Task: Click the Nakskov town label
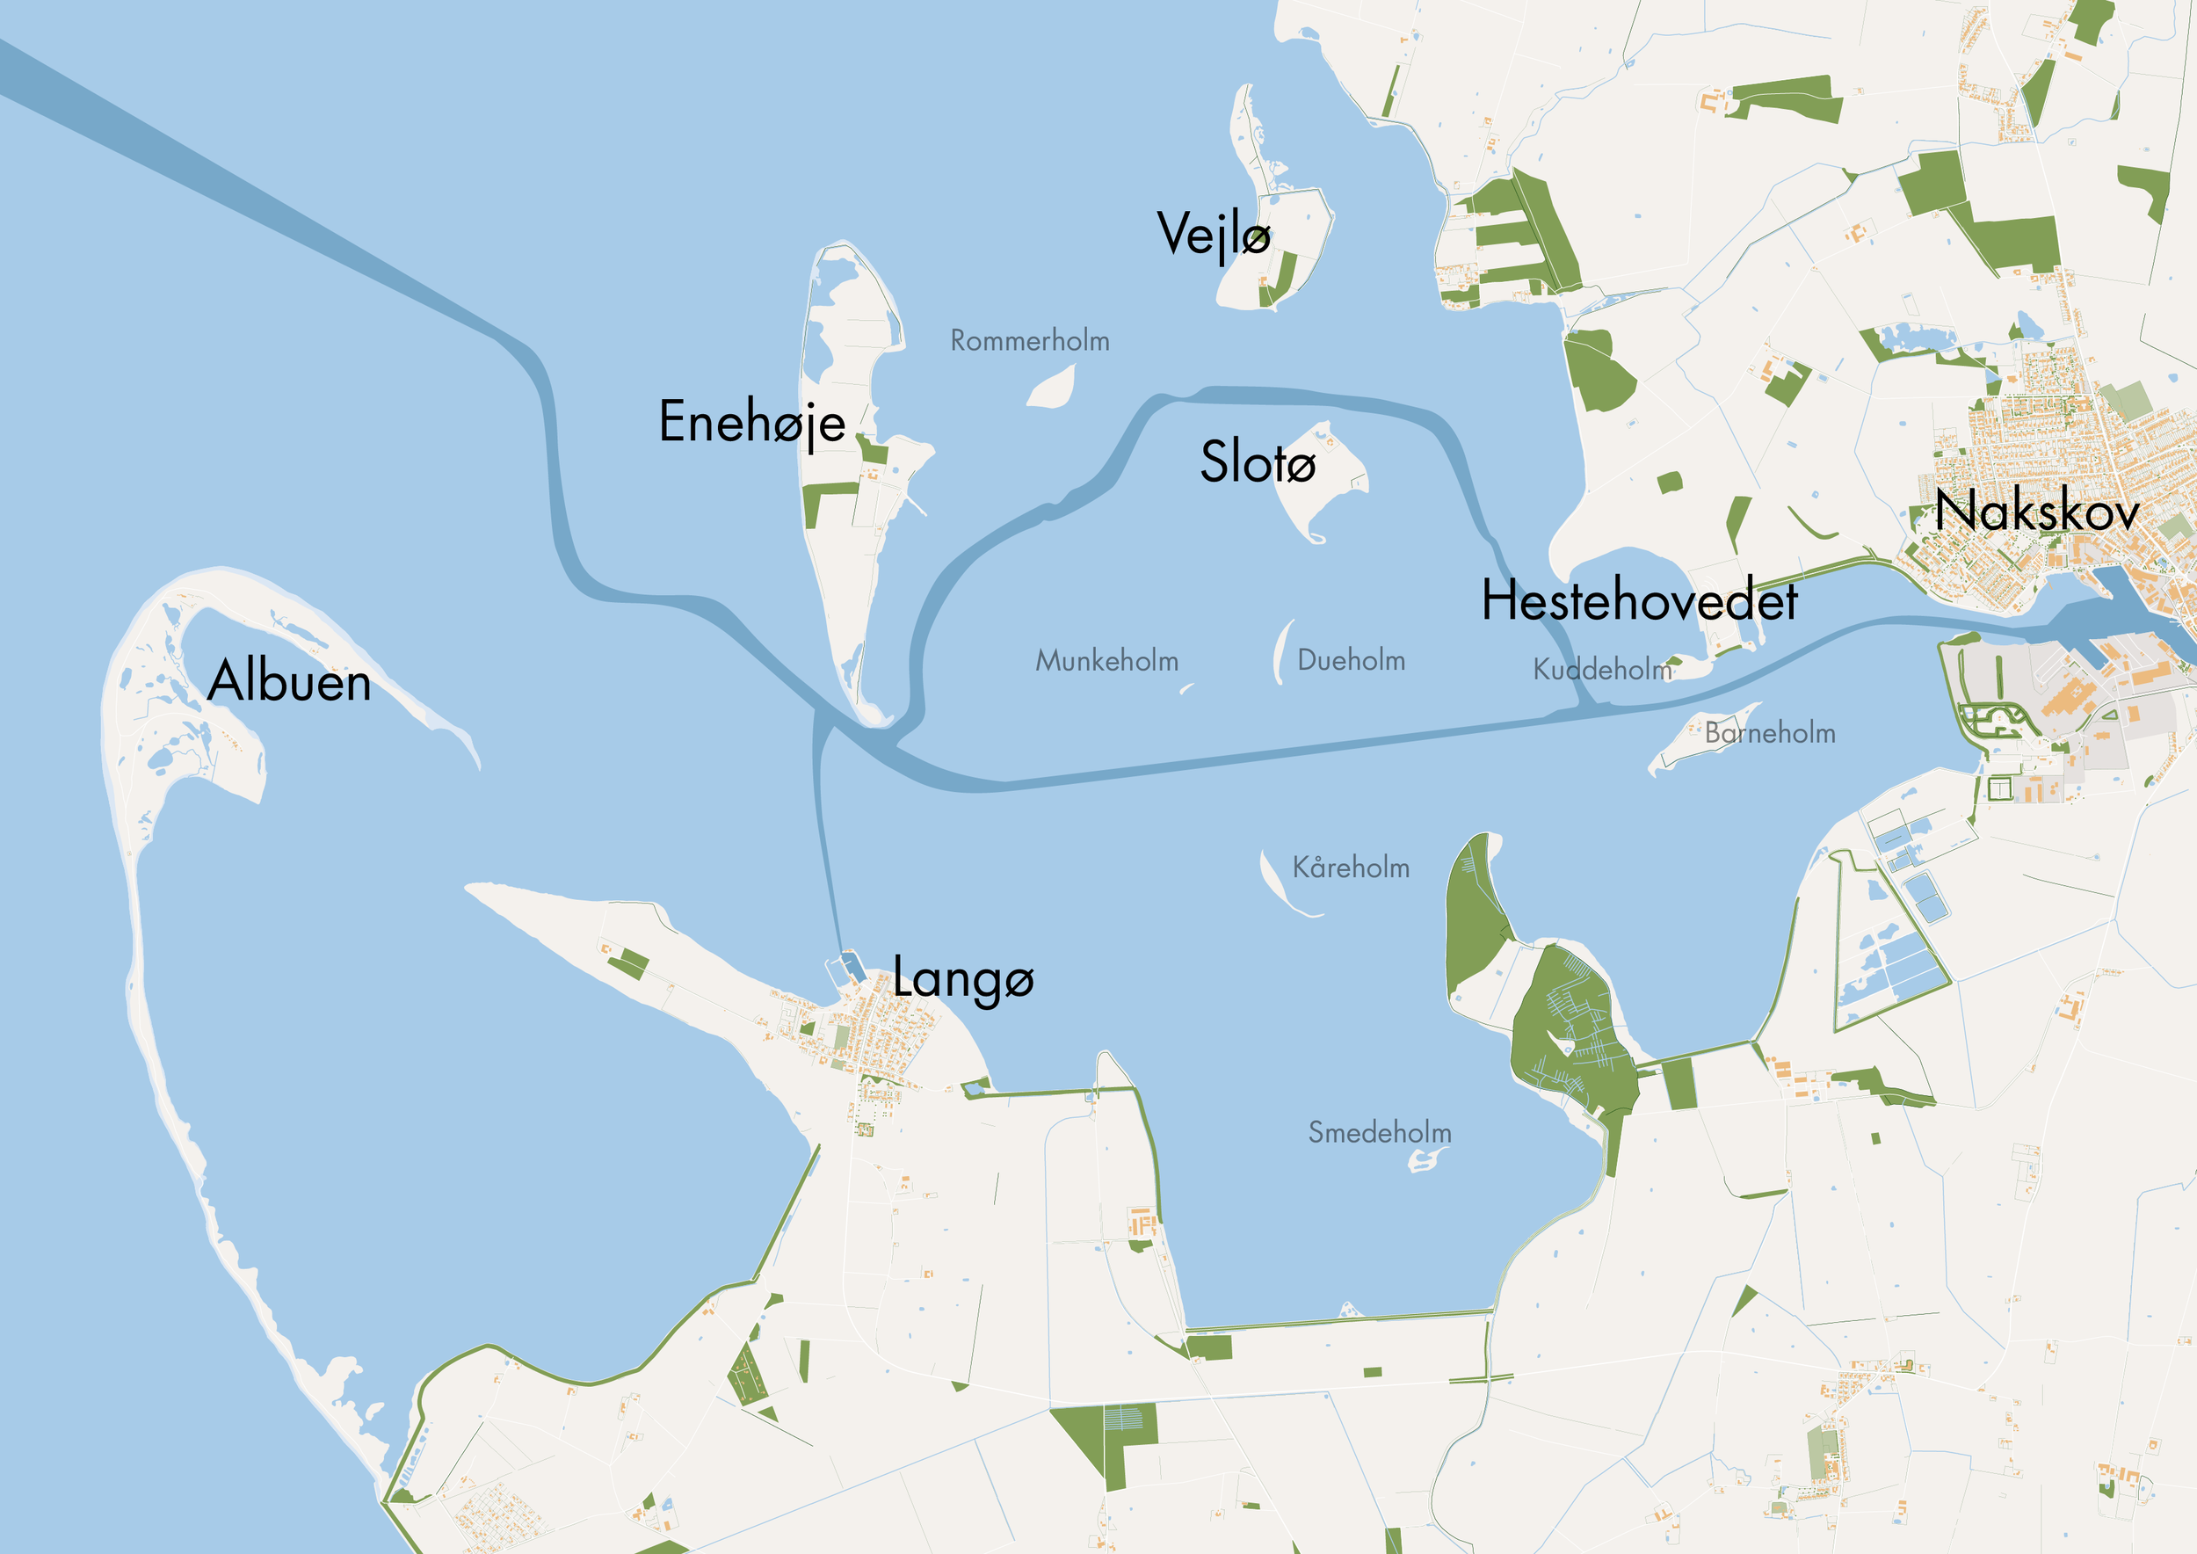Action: pos(2036,511)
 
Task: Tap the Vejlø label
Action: pos(1214,234)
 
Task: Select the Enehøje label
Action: pos(752,421)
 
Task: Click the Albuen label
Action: pos(289,681)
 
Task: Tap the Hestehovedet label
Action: pos(1639,601)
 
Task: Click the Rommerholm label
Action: pos(1030,341)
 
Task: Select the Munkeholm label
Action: pos(1106,660)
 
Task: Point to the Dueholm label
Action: pos(1351,660)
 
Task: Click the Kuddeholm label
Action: pos(1602,670)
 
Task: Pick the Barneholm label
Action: pos(1769,734)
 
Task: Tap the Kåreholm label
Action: pos(1351,868)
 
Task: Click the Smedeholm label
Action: pos(1379,1133)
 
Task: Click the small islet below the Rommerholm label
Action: pos(1053,388)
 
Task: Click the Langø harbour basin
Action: pos(849,969)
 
